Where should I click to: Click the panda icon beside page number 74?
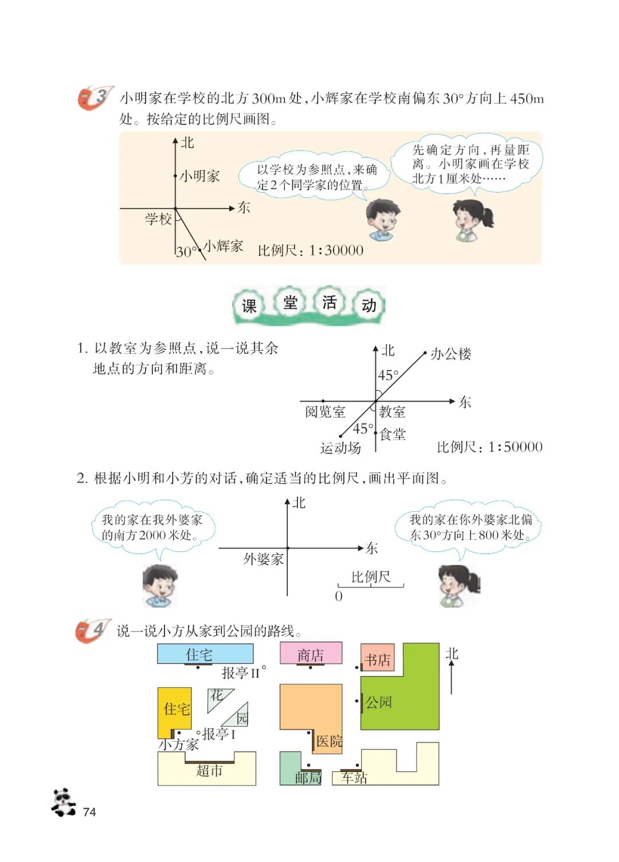point(63,802)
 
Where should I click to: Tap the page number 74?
point(89,812)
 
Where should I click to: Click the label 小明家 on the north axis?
point(199,176)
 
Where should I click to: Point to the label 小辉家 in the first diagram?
point(224,246)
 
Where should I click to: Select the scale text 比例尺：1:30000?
point(311,250)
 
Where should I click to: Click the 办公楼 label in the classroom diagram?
point(450,354)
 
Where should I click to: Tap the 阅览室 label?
point(325,412)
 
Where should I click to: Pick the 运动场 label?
point(340,448)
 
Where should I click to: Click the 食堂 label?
point(393,434)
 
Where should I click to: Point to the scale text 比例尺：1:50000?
point(489,447)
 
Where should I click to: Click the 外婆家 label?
point(263,559)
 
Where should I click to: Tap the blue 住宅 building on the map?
point(205,653)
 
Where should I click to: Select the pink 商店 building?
point(311,654)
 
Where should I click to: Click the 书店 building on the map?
point(378,660)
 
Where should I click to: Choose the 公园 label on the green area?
point(379,702)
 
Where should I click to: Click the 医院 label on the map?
point(329,741)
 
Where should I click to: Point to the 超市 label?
point(209,770)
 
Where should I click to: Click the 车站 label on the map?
point(354,778)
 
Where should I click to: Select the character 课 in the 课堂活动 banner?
point(249,306)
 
